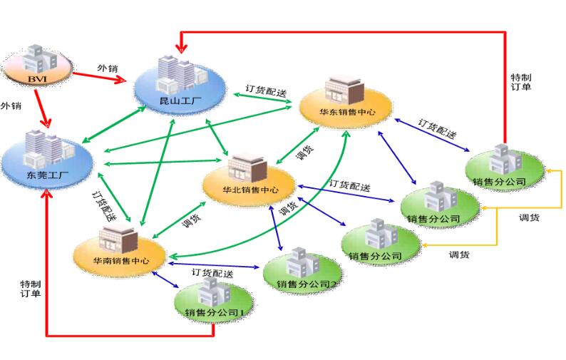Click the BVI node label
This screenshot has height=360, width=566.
36,78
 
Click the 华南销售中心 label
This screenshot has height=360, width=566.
120,261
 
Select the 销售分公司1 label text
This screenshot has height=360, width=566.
214,313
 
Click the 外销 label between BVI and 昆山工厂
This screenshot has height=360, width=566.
107,68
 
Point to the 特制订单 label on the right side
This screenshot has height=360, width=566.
521,82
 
